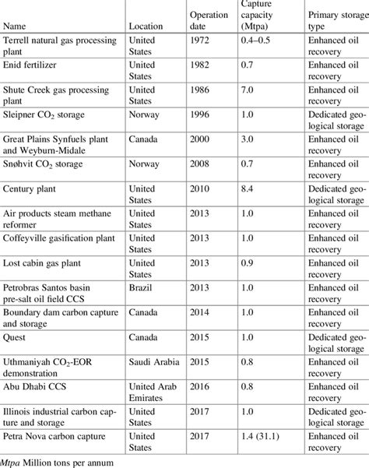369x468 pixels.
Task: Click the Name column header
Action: tap(17, 26)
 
